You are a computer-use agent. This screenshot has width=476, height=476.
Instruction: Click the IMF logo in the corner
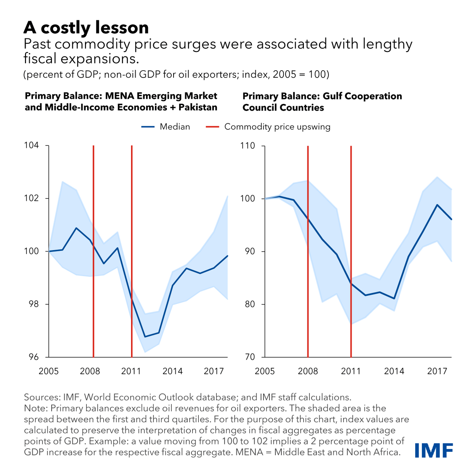(434, 450)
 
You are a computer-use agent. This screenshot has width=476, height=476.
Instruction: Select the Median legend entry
(166, 127)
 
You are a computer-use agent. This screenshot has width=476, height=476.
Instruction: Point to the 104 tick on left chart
(31, 145)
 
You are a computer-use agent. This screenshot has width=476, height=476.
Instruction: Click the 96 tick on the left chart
(33, 357)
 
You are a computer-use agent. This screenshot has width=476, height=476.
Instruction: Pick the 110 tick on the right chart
(248, 146)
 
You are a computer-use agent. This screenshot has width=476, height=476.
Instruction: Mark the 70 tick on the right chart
(250, 357)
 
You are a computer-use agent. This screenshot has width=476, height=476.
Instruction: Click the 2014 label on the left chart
(172, 371)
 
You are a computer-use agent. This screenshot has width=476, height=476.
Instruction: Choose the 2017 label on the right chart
(437, 371)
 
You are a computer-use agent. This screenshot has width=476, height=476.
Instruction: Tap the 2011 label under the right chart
(351, 371)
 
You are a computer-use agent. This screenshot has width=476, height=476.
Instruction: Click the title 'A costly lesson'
(86, 27)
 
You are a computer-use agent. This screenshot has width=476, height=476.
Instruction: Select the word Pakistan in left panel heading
(198, 107)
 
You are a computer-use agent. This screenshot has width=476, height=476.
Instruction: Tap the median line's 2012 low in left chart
(145, 336)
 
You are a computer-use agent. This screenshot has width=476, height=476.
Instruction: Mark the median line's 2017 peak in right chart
(437, 205)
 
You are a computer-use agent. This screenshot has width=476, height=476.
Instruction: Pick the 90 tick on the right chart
(250, 252)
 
